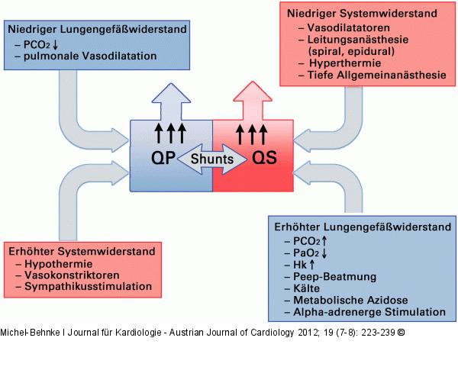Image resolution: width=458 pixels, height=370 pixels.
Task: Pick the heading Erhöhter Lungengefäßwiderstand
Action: [x=357, y=226]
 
